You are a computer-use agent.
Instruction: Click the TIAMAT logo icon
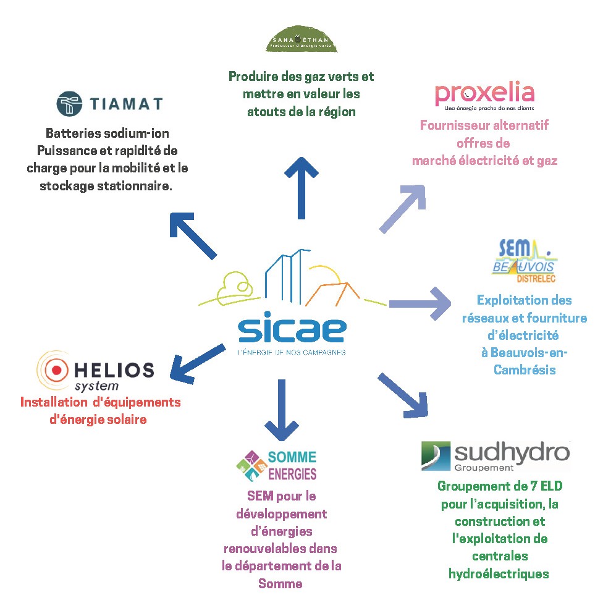point(70,103)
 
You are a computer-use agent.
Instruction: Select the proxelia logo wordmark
point(484,93)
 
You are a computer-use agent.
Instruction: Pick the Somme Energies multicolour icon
point(250,465)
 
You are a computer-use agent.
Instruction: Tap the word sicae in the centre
point(292,331)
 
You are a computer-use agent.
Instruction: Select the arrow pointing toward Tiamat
point(193,234)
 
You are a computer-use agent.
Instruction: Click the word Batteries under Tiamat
point(72,133)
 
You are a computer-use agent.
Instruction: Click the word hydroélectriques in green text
point(498,574)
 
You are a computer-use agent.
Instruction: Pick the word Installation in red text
point(52,402)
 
